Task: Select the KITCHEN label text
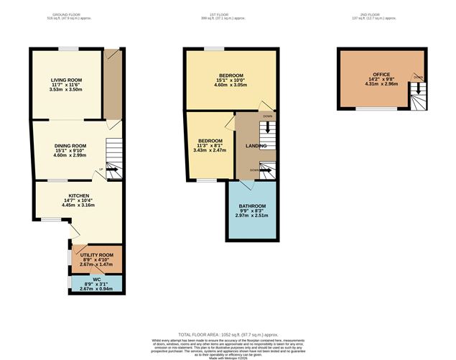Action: tap(78, 195)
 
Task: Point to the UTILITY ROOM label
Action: tap(96, 255)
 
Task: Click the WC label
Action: tap(96, 279)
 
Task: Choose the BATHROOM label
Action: tap(252, 206)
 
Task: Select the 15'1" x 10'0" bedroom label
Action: tap(231, 75)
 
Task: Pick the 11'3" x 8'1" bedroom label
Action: tap(210, 140)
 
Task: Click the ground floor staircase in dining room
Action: tap(114, 160)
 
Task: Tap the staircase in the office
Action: tap(417, 97)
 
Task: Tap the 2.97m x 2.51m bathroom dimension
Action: tap(252, 216)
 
